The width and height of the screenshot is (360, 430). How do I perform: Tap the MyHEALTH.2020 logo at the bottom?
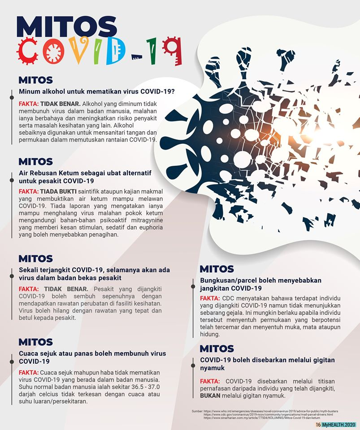(x=339, y=424)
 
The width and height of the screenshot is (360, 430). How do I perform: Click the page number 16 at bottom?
(x=318, y=424)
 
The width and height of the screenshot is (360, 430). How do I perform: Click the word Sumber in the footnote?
(x=197, y=411)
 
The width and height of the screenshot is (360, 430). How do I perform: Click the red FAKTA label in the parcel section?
(x=209, y=298)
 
